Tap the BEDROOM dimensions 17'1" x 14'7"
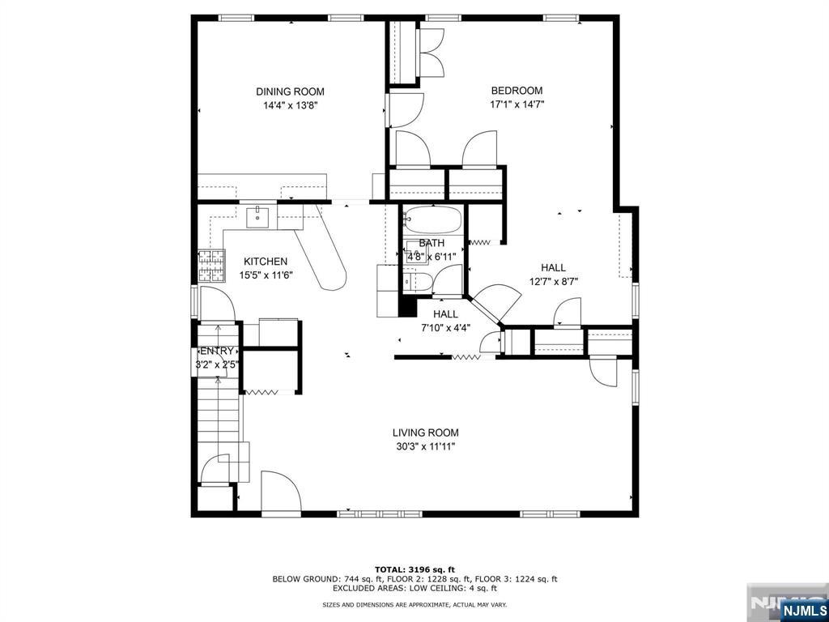click(x=517, y=104)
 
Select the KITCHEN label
click(x=266, y=262)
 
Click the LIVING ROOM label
click(x=426, y=432)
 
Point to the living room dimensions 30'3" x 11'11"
click(x=426, y=446)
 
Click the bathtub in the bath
click(x=432, y=219)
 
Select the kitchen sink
click(x=258, y=216)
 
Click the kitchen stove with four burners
click(x=212, y=264)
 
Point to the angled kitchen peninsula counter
click(x=323, y=255)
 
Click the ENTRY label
click(x=216, y=351)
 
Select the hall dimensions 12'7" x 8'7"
click(x=554, y=282)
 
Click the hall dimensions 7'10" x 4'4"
click(x=445, y=328)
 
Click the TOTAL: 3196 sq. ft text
click(x=414, y=569)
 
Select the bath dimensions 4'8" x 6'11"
click(x=432, y=257)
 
